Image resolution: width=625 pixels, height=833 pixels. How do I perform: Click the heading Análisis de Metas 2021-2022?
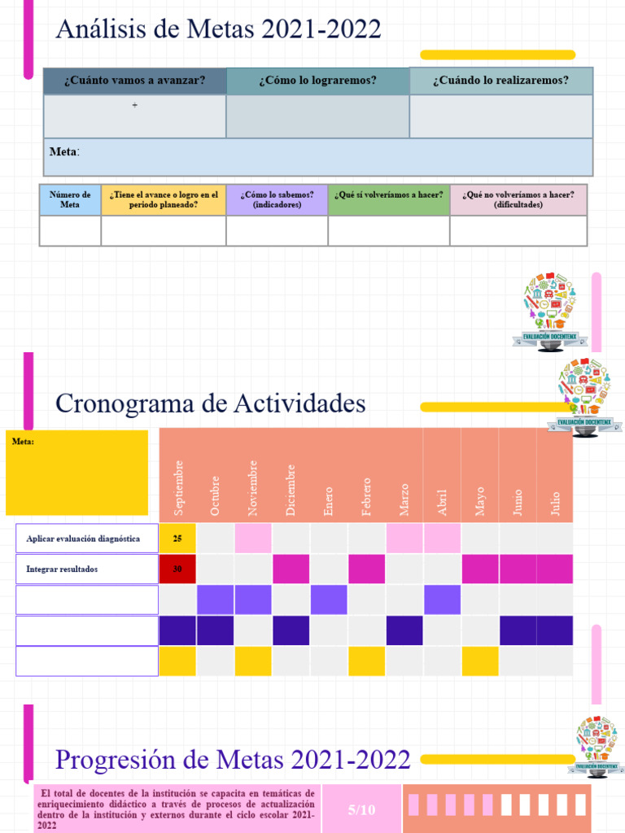[218, 30]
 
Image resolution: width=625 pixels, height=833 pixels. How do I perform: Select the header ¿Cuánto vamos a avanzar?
[134, 81]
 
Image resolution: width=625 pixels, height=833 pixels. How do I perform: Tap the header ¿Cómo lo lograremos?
[317, 81]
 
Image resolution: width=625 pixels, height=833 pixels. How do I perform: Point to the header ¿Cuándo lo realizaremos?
[500, 81]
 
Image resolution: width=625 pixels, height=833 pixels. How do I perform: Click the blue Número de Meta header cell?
[70, 199]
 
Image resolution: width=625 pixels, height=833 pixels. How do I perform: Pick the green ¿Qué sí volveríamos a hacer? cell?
[388, 195]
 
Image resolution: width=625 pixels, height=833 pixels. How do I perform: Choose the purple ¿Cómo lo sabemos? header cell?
[277, 199]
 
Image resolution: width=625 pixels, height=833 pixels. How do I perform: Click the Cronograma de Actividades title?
[210, 403]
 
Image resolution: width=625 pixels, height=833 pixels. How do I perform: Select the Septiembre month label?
[178, 486]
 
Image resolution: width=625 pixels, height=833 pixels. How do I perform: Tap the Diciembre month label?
[291, 489]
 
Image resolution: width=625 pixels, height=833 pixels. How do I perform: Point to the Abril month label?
[442, 501]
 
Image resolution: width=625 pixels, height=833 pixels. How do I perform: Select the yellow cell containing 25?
[177, 539]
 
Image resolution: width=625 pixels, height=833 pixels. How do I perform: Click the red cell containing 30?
[177, 569]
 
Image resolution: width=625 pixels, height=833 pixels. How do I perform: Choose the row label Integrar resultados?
[62, 569]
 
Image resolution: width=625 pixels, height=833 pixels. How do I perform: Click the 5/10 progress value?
[361, 809]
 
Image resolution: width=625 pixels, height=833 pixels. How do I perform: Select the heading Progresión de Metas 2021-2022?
[232, 760]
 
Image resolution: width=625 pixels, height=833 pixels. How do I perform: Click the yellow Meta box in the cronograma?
[77, 473]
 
